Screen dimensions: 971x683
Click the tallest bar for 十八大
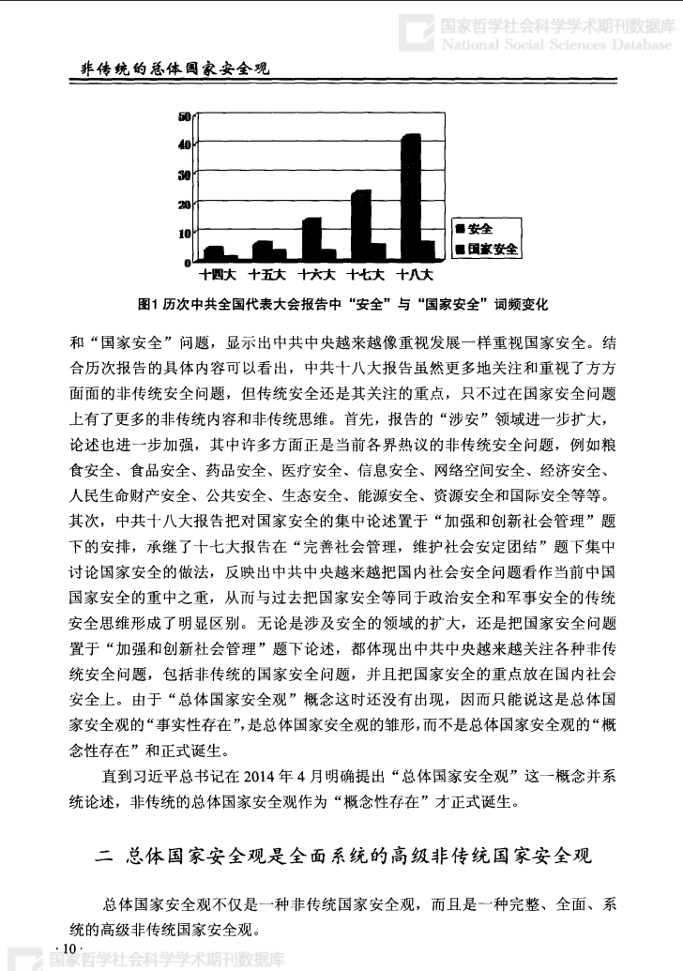click(x=409, y=197)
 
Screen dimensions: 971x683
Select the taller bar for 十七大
click(x=360, y=225)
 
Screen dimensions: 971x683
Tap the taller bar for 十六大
click(x=311, y=238)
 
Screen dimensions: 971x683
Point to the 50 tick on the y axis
click(x=185, y=115)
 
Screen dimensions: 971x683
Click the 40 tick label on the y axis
click(x=185, y=144)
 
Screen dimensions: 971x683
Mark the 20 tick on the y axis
click(x=185, y=204)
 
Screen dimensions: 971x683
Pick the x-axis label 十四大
click(x=218, y=276)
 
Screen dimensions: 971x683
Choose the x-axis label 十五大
click(x=266, y=276)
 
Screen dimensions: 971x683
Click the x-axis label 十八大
click(x=414, y=276)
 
